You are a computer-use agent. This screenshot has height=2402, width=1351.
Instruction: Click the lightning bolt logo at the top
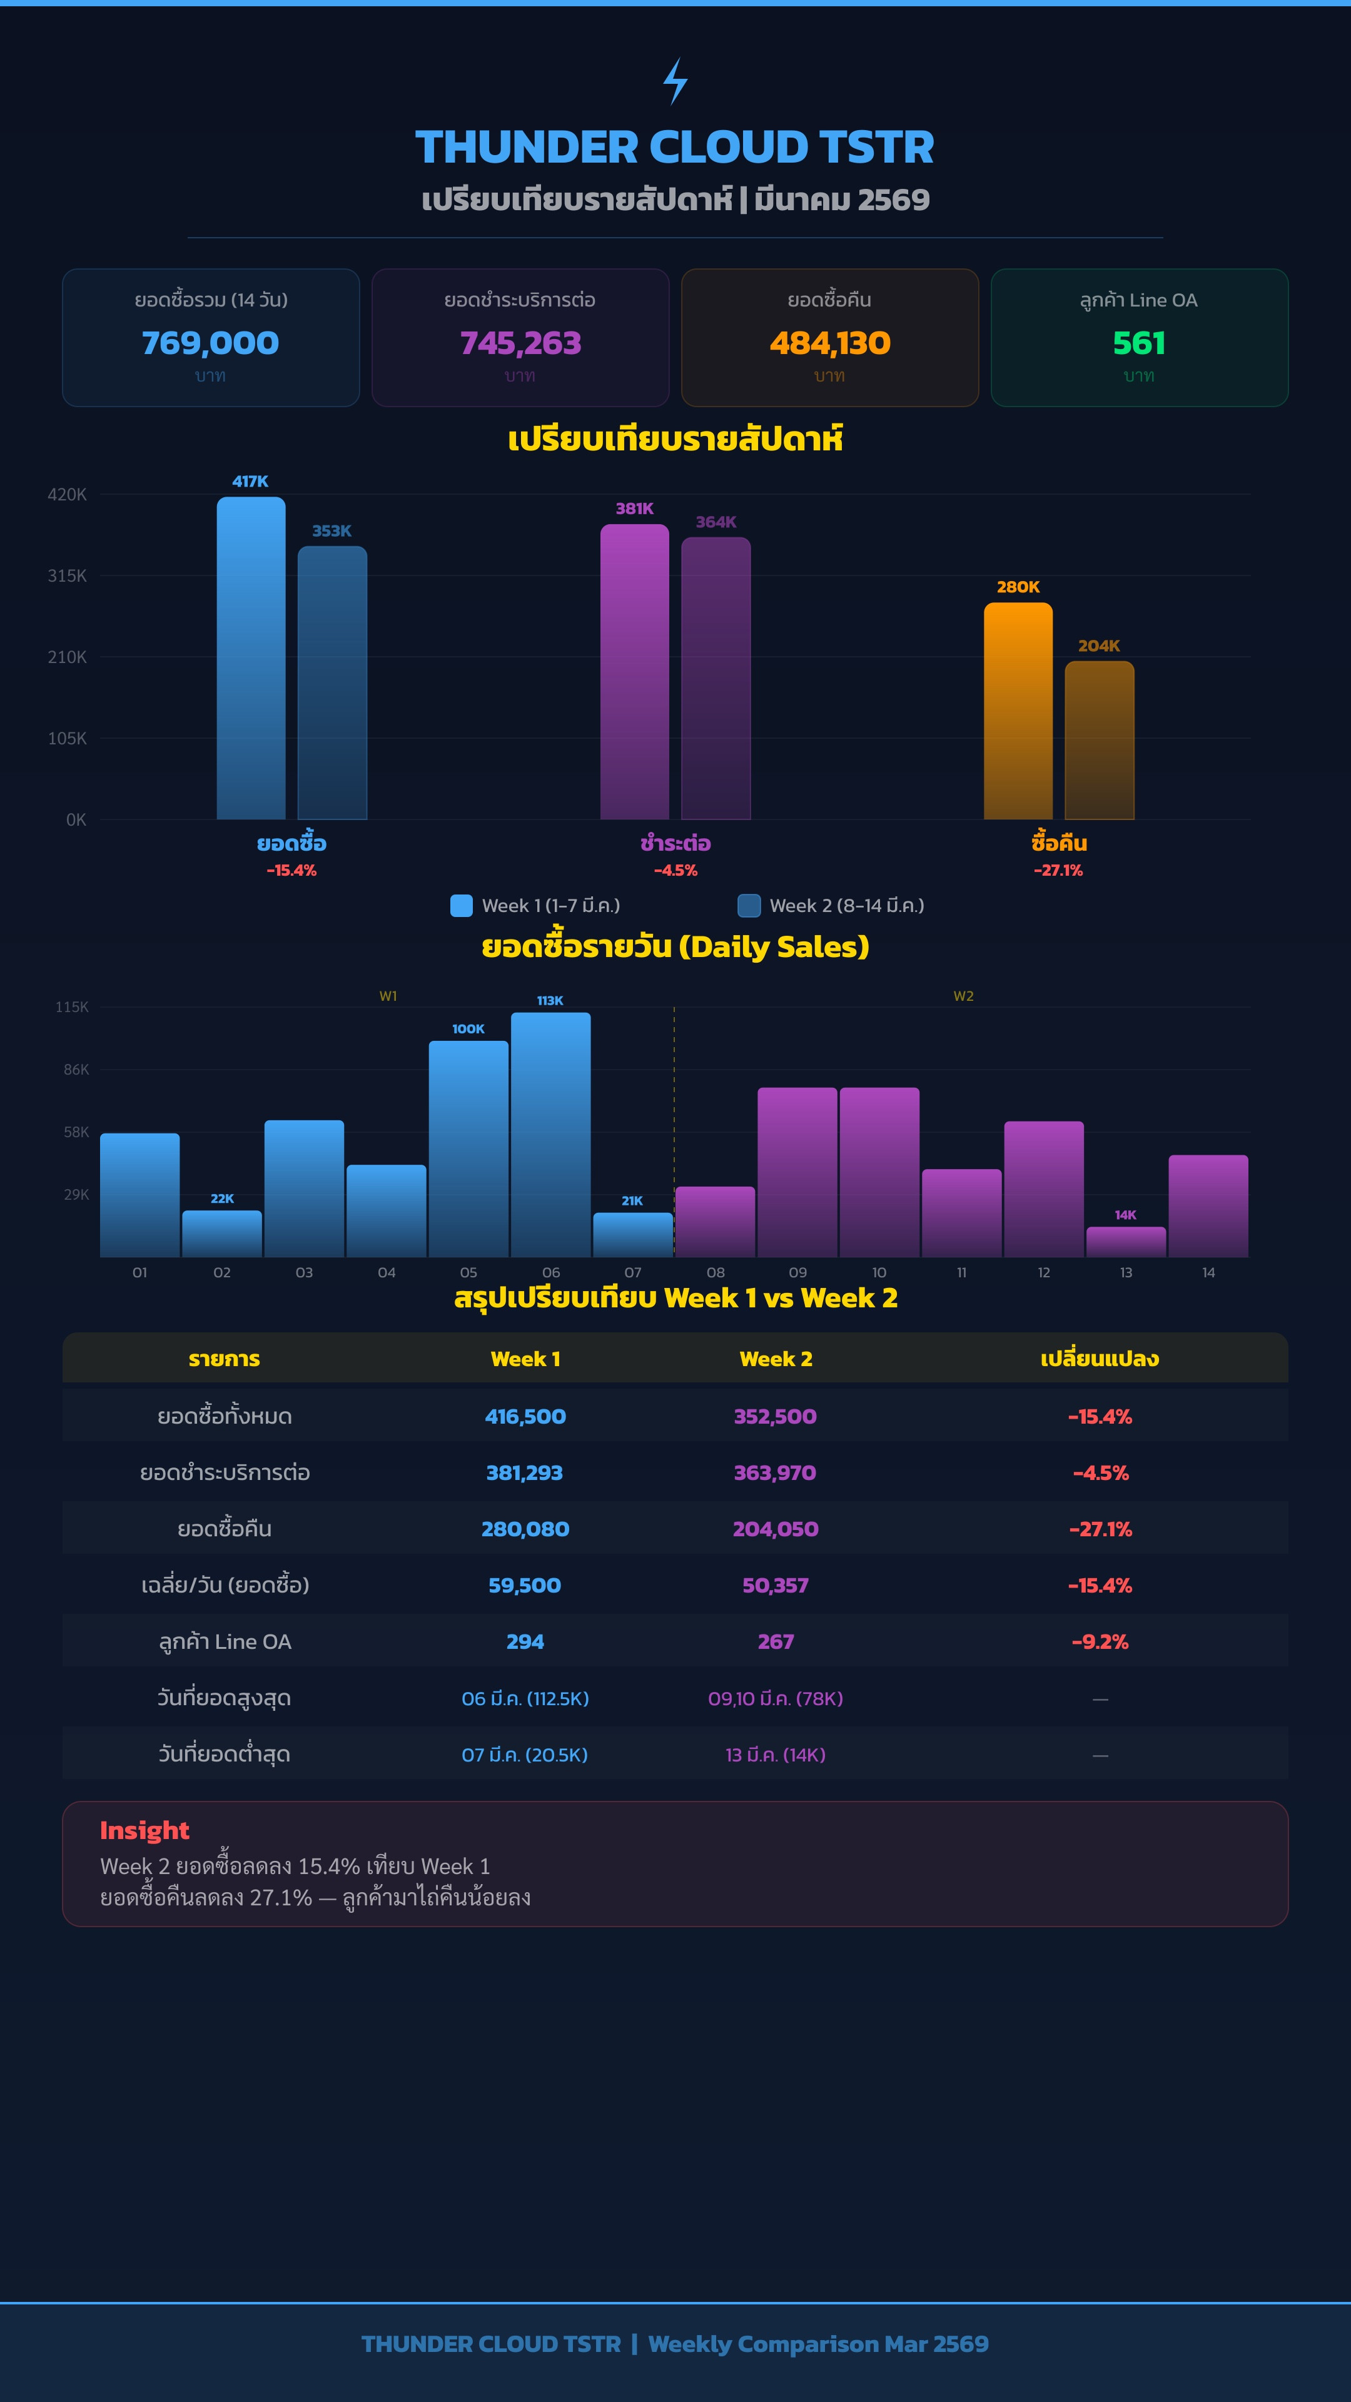(x=675, y=81)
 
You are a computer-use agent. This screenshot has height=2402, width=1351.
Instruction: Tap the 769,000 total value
(x=211, y=343)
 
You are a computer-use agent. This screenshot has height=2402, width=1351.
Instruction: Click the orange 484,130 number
(x=830, y=343)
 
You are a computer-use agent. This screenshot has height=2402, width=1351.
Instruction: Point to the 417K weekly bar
(x=251, y=658)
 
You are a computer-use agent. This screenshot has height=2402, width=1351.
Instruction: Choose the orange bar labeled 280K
(x=1018, y=711)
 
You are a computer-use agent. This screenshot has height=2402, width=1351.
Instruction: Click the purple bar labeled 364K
(x=716, y=679)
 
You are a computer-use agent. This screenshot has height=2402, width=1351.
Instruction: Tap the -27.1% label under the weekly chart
(x=1058, y=870)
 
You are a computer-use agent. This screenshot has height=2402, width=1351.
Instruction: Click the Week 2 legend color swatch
(x=749, y=905)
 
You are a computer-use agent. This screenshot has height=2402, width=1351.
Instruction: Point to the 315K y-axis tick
(x=67, y=575)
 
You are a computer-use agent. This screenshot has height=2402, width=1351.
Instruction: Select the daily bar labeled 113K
(x=550, y=1135)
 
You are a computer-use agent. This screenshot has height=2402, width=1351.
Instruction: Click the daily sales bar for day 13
(x=1126, y=1242)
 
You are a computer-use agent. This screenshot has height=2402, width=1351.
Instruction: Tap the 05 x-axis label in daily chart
(x=469, y=1273)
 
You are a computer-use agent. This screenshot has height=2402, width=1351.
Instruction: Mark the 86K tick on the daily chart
(x=76, y=1070)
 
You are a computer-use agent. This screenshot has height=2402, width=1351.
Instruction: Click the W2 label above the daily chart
(x=963, y=996)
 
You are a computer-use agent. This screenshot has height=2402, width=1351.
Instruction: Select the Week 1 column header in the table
(x=525, y=1359)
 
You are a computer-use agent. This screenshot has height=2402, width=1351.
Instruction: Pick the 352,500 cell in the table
(x=775, y=1416)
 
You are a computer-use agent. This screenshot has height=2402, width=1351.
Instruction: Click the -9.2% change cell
(x=1100, y=1642)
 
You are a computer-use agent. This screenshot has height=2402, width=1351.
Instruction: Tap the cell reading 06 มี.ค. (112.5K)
(x=525, y=1698)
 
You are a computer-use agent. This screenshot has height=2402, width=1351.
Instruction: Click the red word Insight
(x=144, y=1830)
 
